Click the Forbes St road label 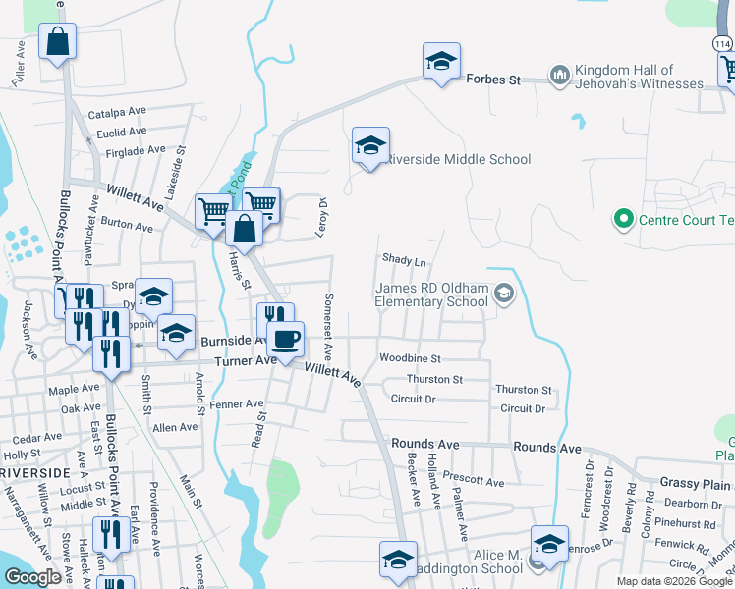492,79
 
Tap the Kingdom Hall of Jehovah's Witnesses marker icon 560,76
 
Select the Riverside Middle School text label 458,159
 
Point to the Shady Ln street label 405,261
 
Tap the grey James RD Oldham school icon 504,293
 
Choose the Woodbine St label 410,358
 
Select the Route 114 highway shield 720,43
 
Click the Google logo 32,577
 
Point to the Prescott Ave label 473,482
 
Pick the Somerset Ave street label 329,327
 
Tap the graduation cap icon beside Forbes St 441,62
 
